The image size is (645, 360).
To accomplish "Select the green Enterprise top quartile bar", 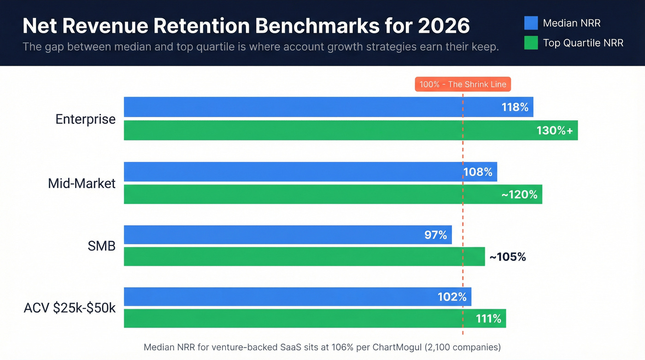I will pyautogui.click(x=322, y=130).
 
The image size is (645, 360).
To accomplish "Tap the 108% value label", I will pyautogui.click(x=478, y=172).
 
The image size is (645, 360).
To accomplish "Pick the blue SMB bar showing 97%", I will pyautogui.click(x=276, y=235).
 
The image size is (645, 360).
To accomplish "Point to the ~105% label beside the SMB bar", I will pyautogui.click(x=507, y=257).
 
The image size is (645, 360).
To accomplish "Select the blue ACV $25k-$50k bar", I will pyautogui.click(x=276, y=296).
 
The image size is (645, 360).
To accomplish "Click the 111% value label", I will pyautogui.click(x=488, y=318).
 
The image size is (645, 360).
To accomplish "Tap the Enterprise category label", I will pyautogui.click(x=85, y=119).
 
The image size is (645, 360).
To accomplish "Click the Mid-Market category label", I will pyautogui.click(x=82, y=183).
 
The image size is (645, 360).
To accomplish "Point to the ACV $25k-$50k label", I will pyautogui.click(x=70, y=308).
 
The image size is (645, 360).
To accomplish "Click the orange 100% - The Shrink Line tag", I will pyautogui.click(x=463, y=84).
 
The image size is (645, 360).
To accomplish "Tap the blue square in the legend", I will pyautogui.click(x=531, y=23).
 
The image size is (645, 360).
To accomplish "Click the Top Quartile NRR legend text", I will pyautogui.click(x=583, y=43).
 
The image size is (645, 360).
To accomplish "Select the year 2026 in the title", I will pyautogui.click(x=444, y=26).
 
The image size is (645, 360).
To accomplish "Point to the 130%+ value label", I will pyautogui.click(x=554, y=130).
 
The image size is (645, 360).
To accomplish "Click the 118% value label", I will pyautogui.click(x=515, y=107).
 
